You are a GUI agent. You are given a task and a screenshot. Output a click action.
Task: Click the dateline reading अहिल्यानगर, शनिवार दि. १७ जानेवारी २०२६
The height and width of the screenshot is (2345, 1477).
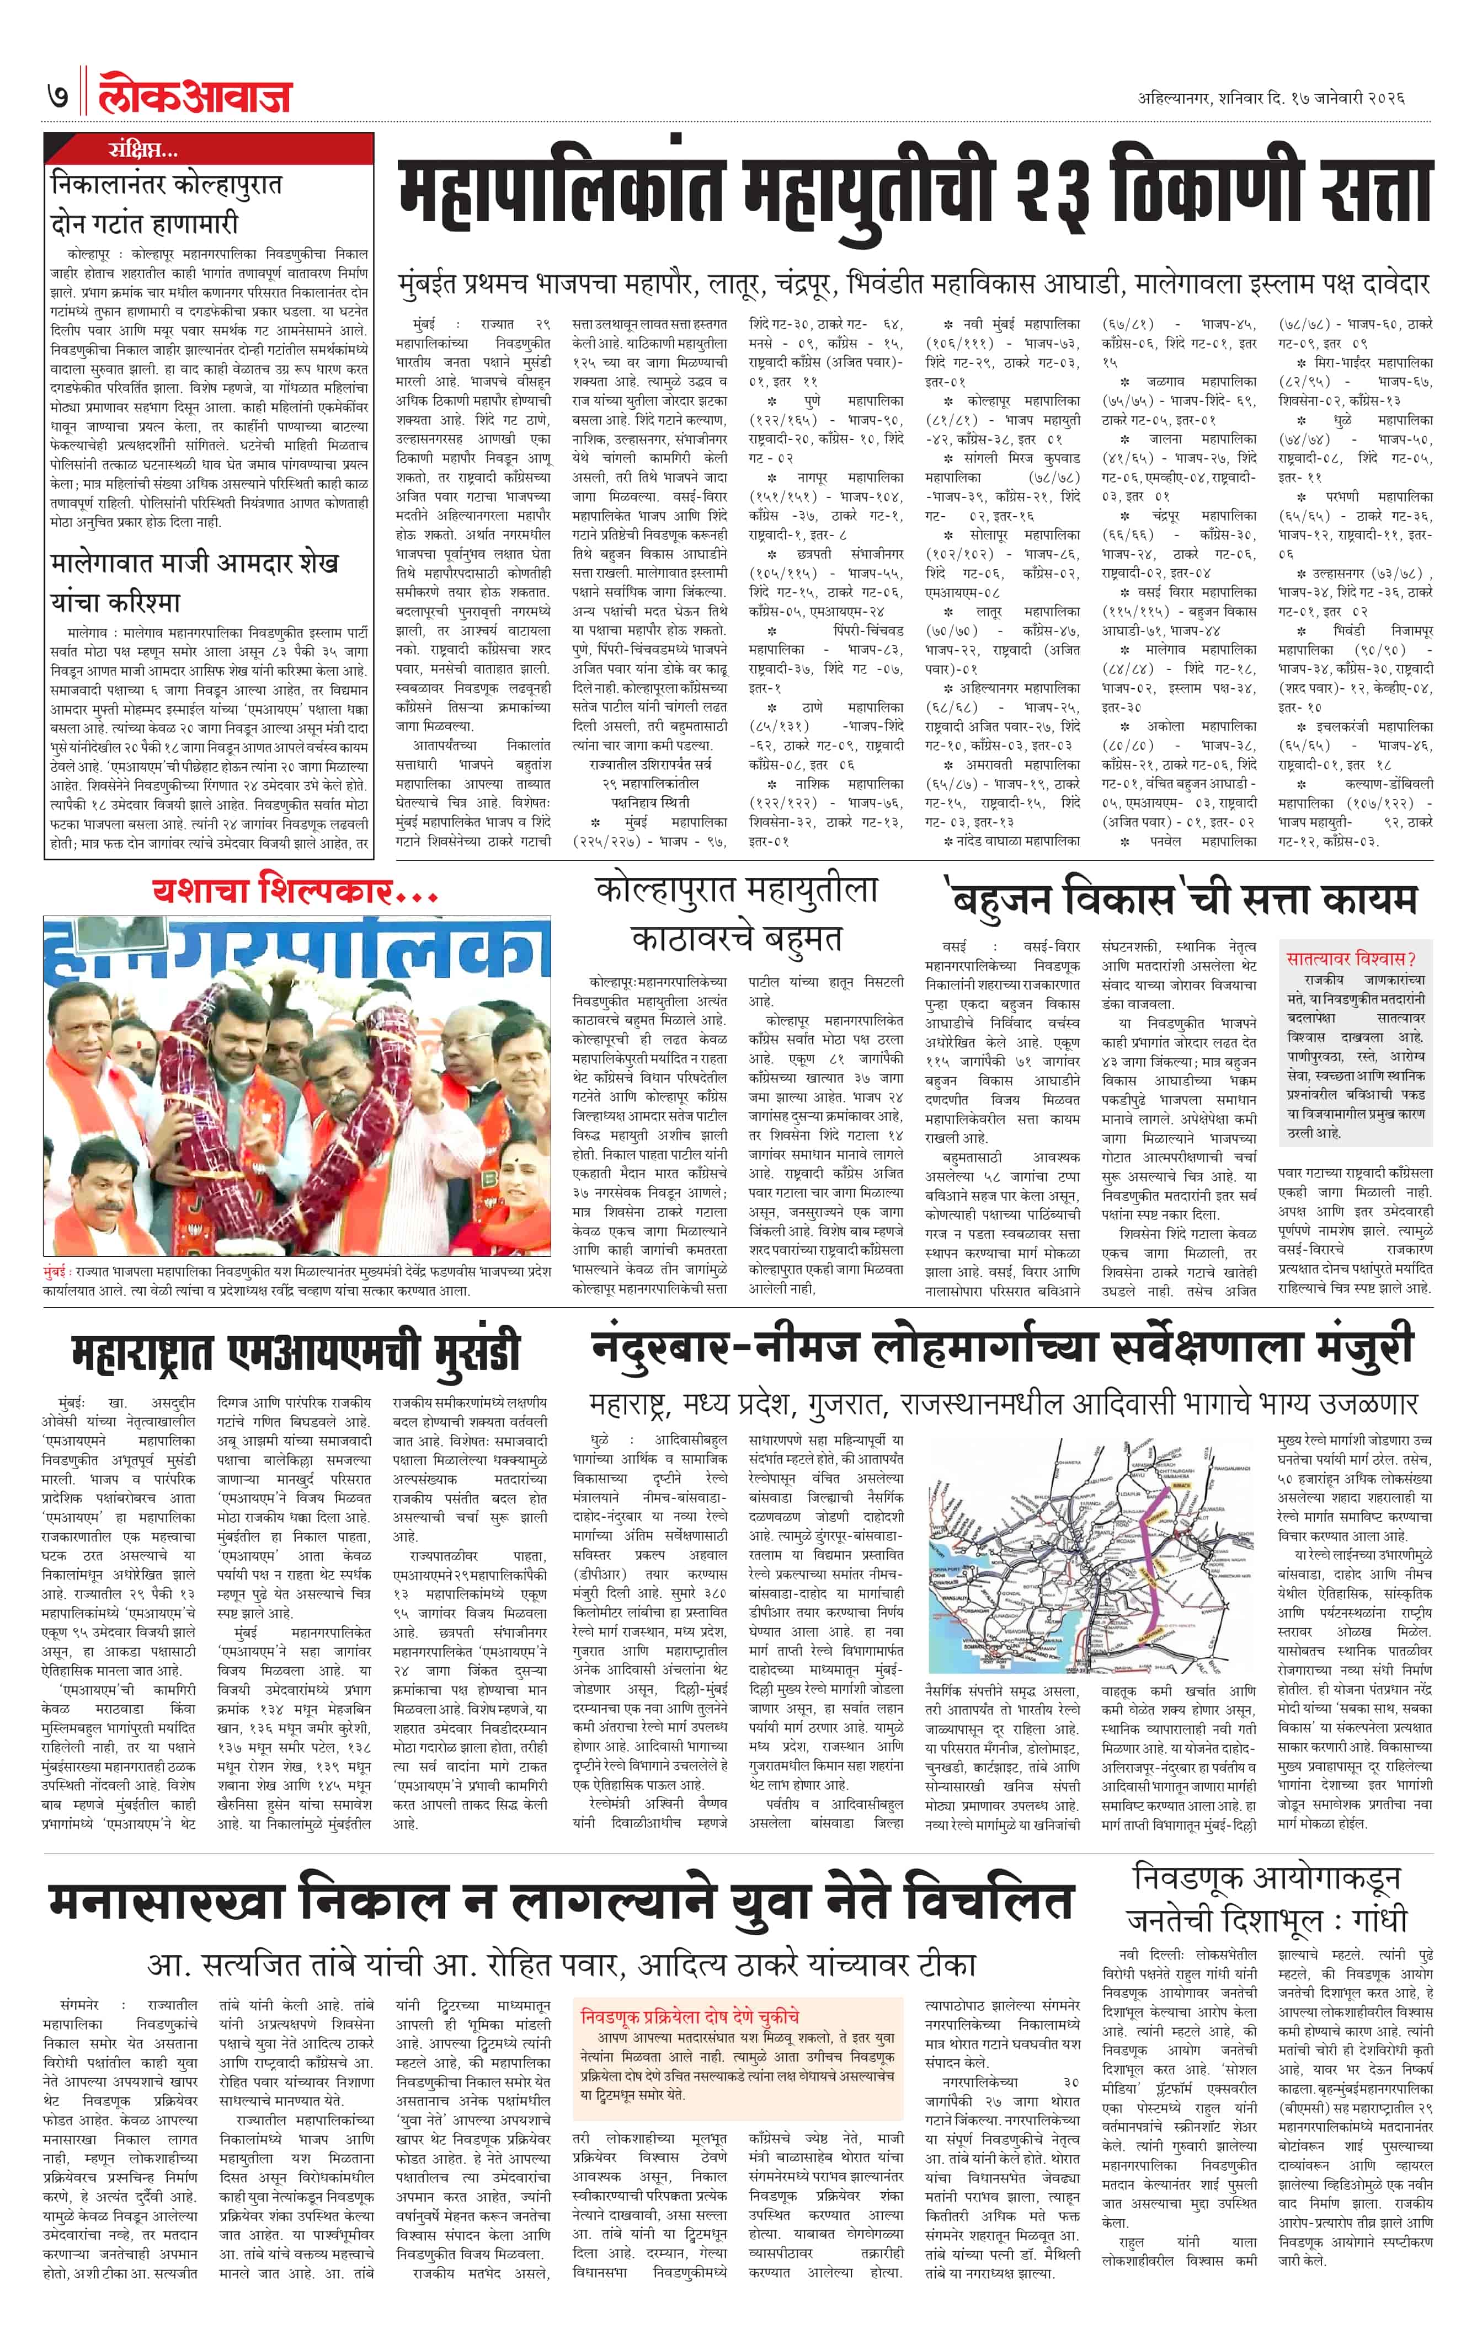[x=1271, y=98]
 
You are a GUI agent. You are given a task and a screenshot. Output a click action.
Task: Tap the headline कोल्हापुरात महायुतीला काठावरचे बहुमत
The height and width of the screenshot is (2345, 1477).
[x=735, y=913]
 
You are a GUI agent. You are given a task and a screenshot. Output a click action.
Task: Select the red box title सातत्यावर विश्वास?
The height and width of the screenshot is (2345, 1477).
[x=1351, y=959]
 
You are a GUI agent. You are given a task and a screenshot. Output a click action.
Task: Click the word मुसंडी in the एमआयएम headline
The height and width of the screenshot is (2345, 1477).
[x=458, y=1351]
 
